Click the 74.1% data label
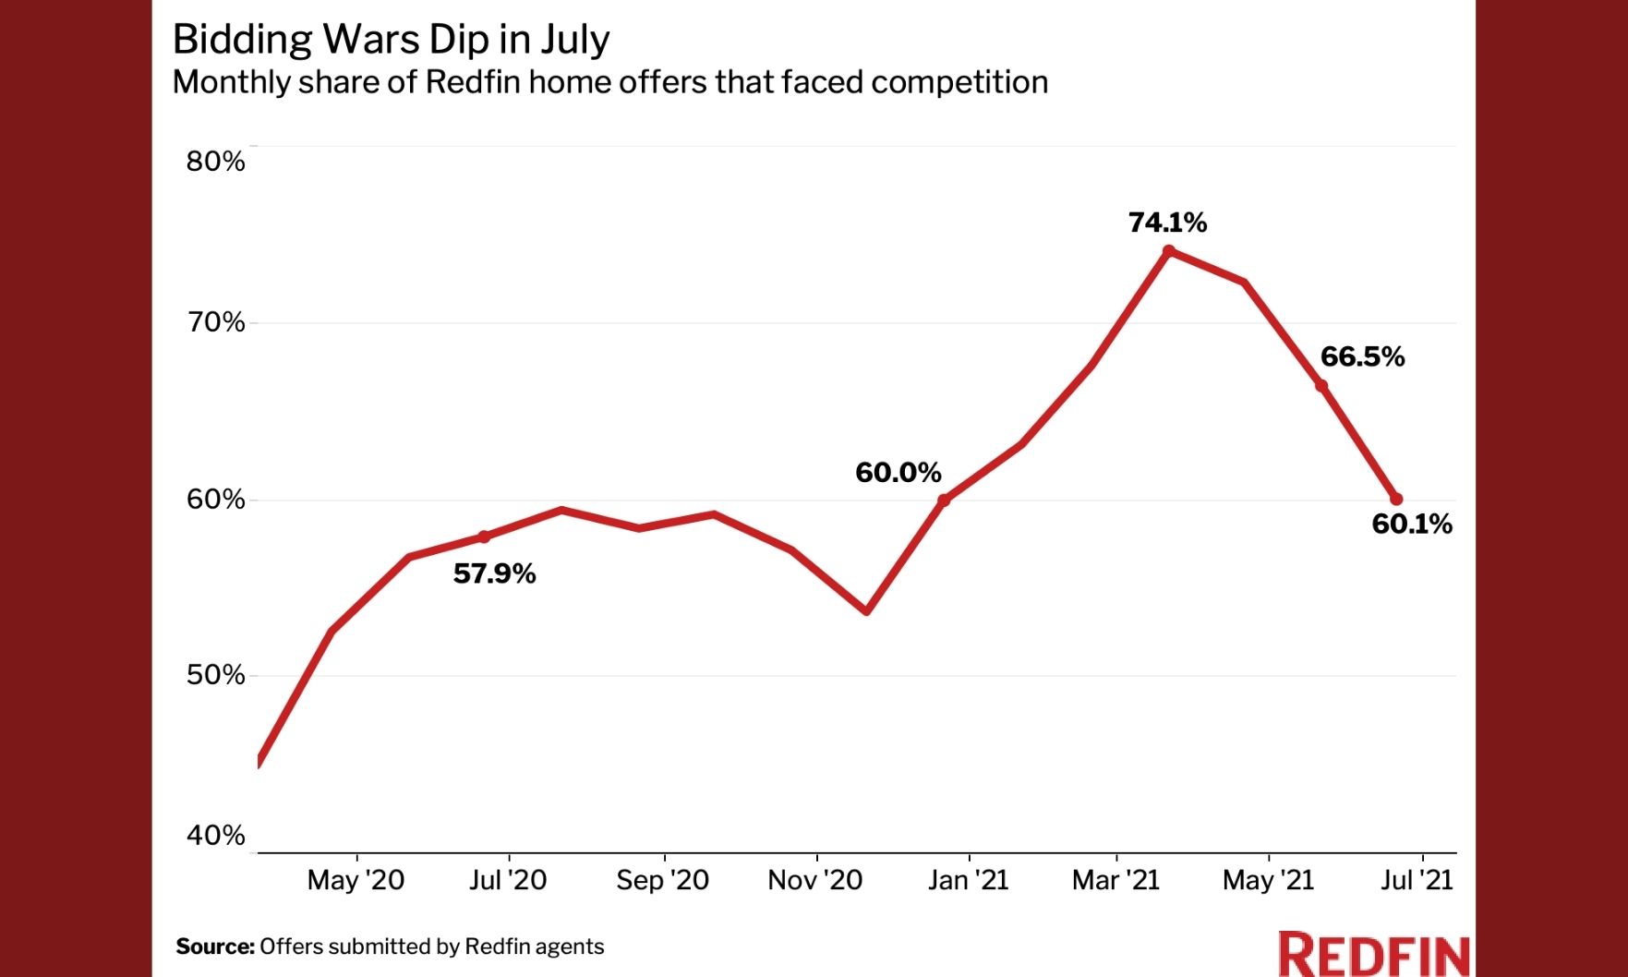tap(1167, 223)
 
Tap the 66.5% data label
tap(1362, 357)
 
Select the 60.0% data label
tap(898, 473)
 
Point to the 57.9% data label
tap(494, 574)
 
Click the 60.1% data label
tap(1411, 525)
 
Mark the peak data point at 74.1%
tap(1169, 250)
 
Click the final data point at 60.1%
tap(1396, 500)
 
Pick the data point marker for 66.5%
tap(1321, 386)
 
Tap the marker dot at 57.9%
tap(484, 537)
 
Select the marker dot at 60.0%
tap(944, 501)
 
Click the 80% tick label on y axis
tap(215, 162)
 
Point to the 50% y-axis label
tap(215, 675)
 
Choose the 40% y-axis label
tap(215, 836)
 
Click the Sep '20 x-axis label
tap(662, 880)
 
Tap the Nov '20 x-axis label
tap(814, 880)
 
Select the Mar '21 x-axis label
tap(1115, 880)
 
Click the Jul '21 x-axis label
tap(1417, 880)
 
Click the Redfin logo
tap(1373, 955)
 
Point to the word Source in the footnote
tap(214, 947)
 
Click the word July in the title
tap(574, 40)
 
